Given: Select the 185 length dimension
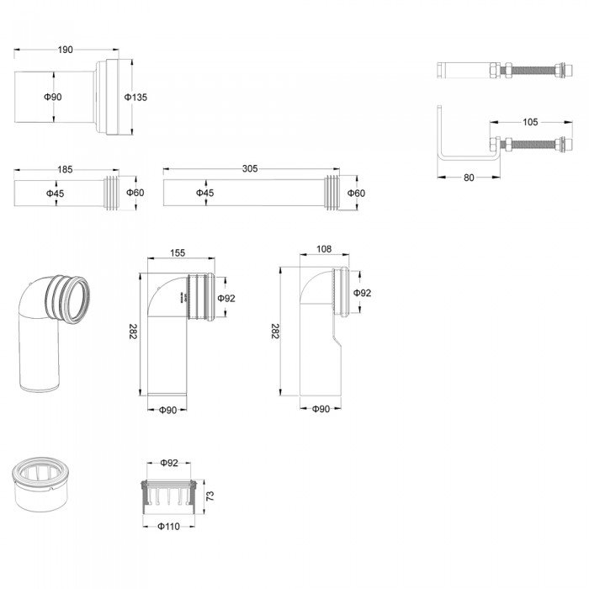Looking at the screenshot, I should (65, 169).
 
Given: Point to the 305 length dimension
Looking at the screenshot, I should (249, 169).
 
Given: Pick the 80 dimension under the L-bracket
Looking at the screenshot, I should (469, 178).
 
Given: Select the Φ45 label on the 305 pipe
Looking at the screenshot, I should (204, 194).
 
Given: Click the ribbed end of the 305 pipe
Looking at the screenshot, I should (334, 193).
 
